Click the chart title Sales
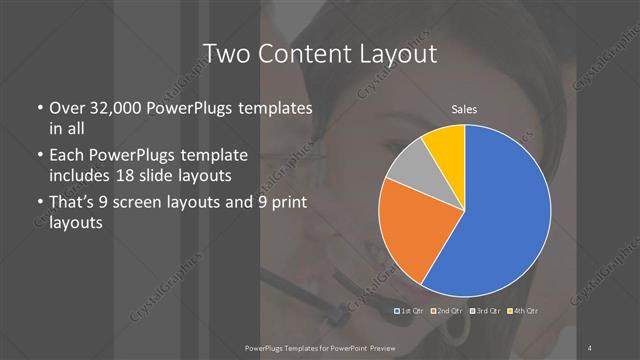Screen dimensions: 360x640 click(x=464, y=107)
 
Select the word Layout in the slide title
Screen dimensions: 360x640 click(x=400, y=52)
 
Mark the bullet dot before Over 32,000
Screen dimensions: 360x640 click(x=38, y=108)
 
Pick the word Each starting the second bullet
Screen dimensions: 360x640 click(x=68, y=157)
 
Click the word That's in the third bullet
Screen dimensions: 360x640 click(x=74, y=204)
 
